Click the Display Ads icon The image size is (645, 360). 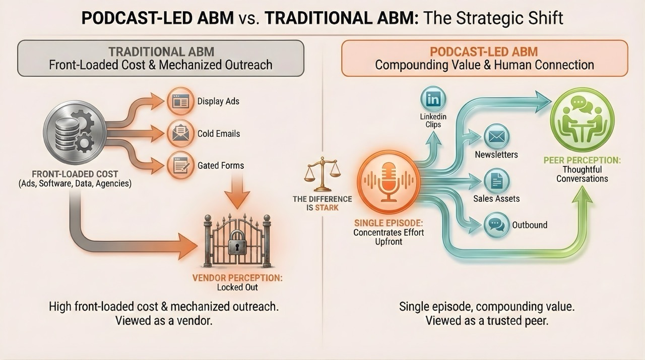click(180, 101)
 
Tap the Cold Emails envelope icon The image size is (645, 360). click(180, 134)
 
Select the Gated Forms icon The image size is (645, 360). click(180, 165)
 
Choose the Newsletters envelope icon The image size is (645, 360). click(496, 137)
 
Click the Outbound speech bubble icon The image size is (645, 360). click(496, 225)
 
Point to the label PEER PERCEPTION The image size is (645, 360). click(582, 160)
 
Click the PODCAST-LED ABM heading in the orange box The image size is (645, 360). click(484, 51)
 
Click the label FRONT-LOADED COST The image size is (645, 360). click(74, 174)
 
